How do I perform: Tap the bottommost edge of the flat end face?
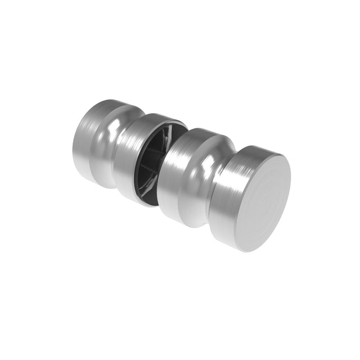pyautogui.click(x=247, y=251)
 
